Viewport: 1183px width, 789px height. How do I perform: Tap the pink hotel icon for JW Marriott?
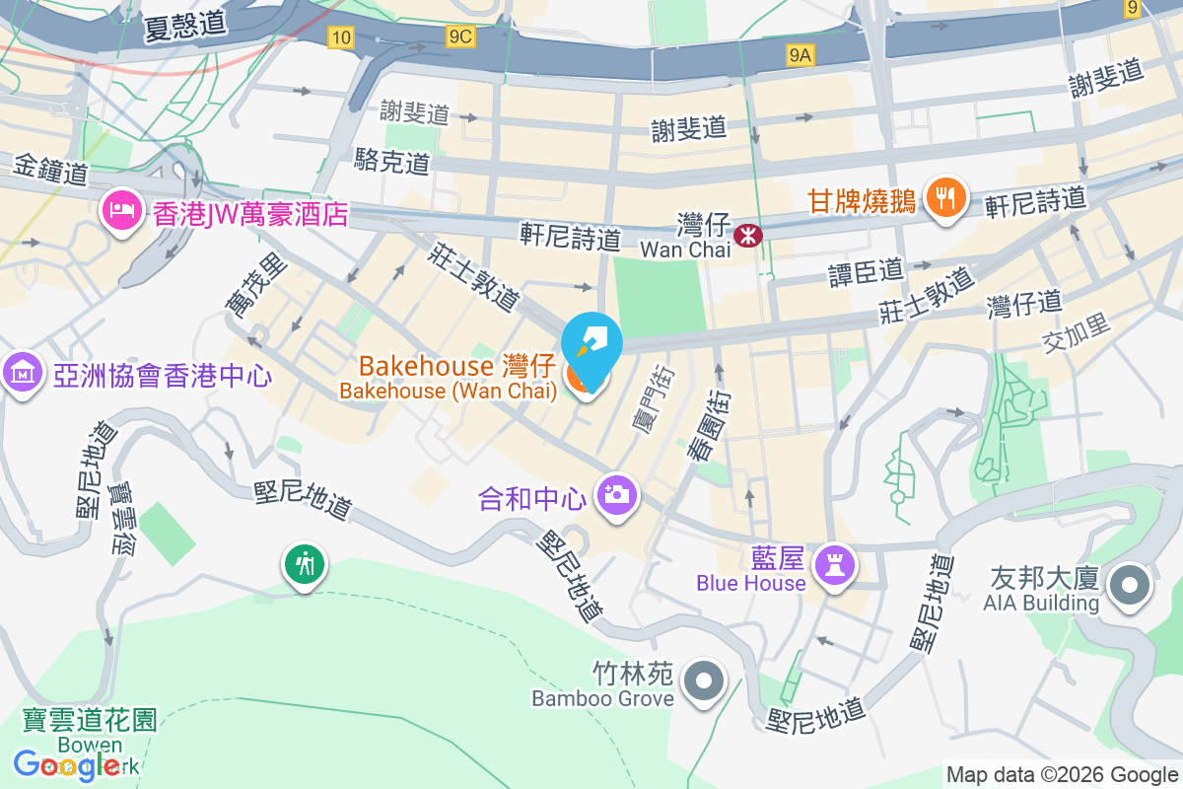click(121, 210)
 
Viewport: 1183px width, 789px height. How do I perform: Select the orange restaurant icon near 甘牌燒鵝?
click(945, 197)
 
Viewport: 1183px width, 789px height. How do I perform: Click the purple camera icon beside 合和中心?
click(618, 493)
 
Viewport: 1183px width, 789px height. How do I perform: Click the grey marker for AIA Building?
click(1130, 588)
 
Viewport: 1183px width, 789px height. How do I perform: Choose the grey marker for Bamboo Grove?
click(705, 681)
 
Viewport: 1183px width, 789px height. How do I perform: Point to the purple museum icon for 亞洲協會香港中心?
click(20, 374)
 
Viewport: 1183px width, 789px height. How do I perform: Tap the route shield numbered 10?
click(341, 37)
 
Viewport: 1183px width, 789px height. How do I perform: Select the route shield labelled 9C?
click(460, 37)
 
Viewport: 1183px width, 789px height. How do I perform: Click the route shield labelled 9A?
click(800, 56)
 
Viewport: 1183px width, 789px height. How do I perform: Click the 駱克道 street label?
click(392, 160)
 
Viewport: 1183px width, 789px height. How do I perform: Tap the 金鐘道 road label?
click(51, 170)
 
